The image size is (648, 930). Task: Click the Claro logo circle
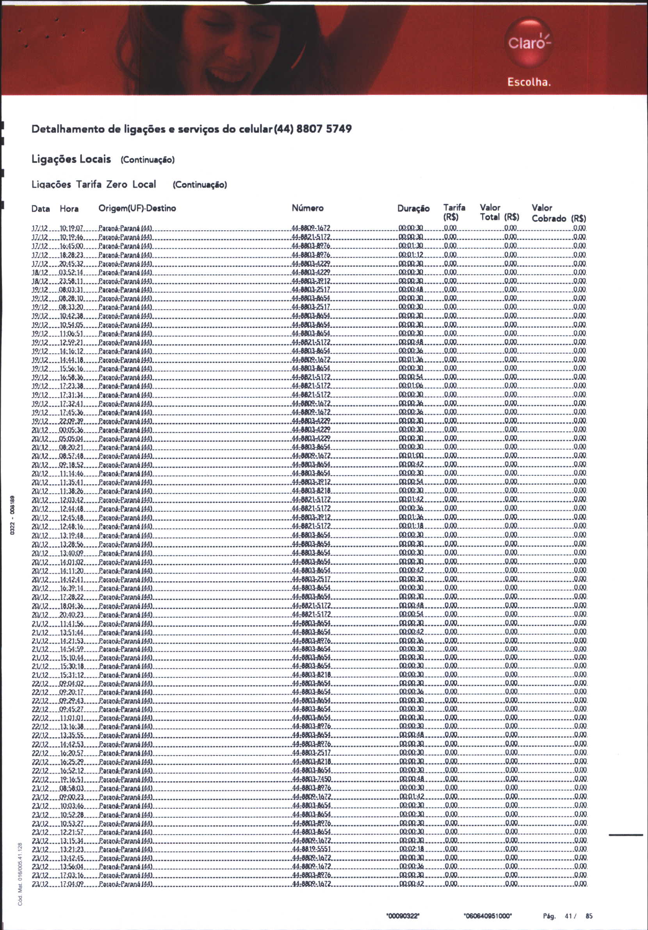[528, 42]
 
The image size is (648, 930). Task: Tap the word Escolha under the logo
[529, 82]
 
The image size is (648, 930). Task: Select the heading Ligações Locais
[71, 159]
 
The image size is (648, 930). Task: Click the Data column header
[41, 209]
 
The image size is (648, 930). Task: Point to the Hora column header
[69, 209]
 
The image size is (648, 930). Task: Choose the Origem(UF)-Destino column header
[137, 208]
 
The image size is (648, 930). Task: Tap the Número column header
[307, 208]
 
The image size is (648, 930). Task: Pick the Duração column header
[413, 208]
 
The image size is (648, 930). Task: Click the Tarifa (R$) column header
[454, 213]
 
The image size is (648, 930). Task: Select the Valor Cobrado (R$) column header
[559, 214]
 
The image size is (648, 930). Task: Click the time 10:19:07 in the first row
[71, 228]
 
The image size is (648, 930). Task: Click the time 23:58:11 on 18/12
[71, 281]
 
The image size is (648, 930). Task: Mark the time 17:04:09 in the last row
[72, 884]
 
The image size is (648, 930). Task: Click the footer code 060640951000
[488, 915]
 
